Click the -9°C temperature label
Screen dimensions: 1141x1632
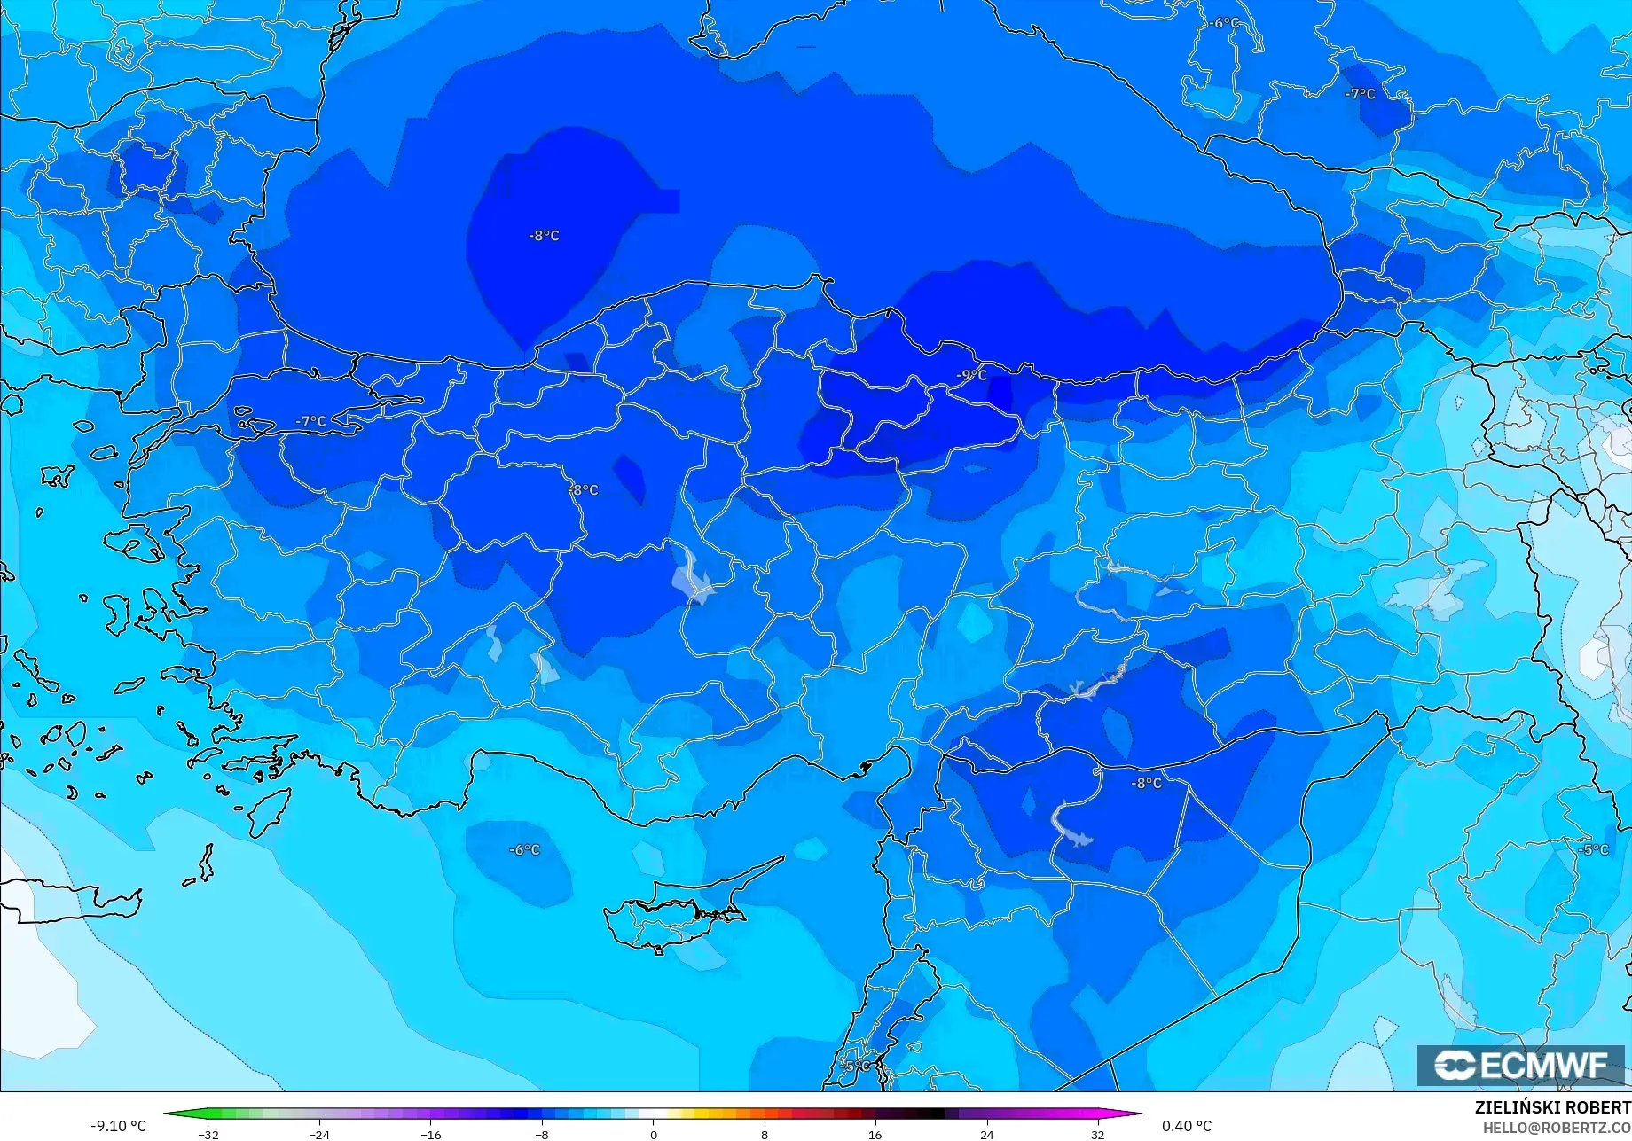coord(971,375)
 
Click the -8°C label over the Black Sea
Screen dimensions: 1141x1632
coord(544,236)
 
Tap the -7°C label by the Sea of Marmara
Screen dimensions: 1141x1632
coord(311,422)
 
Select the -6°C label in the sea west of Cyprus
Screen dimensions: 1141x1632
coord(524,850)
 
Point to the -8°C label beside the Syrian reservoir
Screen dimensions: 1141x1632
coord(1146,784)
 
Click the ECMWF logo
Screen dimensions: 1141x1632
coord(1519,1065)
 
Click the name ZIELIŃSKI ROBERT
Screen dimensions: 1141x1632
coord(1552,1108)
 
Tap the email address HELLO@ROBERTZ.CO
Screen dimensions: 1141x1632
coord(1557,1128)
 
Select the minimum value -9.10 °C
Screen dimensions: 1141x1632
coord(118,1126)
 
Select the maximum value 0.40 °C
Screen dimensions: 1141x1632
coord(1187,1126)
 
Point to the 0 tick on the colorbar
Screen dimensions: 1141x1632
coord(654,1135)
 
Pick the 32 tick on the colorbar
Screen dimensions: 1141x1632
coord(1098,1135)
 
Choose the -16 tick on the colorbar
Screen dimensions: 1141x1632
coord(431,1135)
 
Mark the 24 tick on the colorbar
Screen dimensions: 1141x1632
coord(986,1135)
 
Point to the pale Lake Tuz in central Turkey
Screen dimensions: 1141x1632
coord(693,579)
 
